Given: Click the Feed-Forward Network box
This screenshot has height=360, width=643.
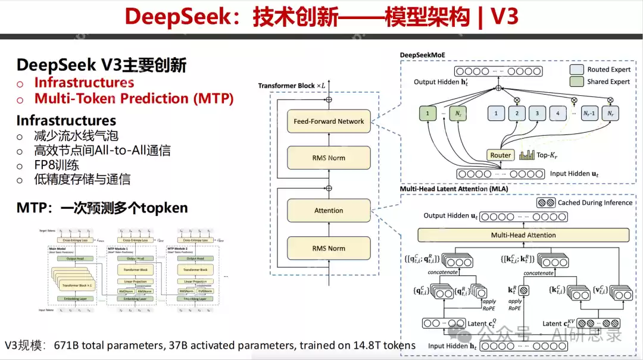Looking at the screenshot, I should click(329, 121).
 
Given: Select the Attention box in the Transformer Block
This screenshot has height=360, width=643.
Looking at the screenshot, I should click(329, 211).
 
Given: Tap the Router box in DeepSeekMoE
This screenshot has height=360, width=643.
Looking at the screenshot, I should click(500, 155).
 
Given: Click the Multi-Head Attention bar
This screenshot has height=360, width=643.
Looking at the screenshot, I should click(523, 235).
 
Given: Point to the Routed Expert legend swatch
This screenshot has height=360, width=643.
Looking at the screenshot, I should click(576, 70).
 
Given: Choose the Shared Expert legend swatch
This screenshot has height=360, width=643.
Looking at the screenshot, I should click(576, 82).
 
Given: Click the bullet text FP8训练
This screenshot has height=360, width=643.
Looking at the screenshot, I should click(57, 165).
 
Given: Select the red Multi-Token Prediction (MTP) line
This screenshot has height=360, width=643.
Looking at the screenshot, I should click(134, 99).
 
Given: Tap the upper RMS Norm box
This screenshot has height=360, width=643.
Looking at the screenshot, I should click(329, 158).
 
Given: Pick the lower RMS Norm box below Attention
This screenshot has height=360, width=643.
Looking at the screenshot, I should click(329, 249).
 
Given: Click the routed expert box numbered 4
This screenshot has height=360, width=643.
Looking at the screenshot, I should click(557, 112).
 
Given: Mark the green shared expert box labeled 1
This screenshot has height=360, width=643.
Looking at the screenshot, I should click(426, 112).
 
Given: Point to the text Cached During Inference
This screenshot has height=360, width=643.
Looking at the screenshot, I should click(595, 203).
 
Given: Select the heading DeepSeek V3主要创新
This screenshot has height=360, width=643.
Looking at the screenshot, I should click(101, 65).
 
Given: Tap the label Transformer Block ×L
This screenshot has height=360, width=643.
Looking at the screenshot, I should click(292, 86).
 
